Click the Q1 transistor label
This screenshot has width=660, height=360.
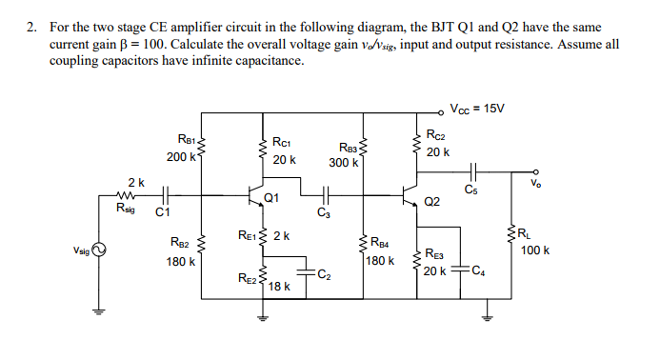(272, 197)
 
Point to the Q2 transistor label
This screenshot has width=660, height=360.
(432, 201)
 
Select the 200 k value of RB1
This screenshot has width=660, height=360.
(180, 156)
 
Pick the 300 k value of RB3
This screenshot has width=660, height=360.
(344, 162)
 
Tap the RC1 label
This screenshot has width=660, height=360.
(283, 142)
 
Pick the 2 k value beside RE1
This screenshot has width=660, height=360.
(282, 234)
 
